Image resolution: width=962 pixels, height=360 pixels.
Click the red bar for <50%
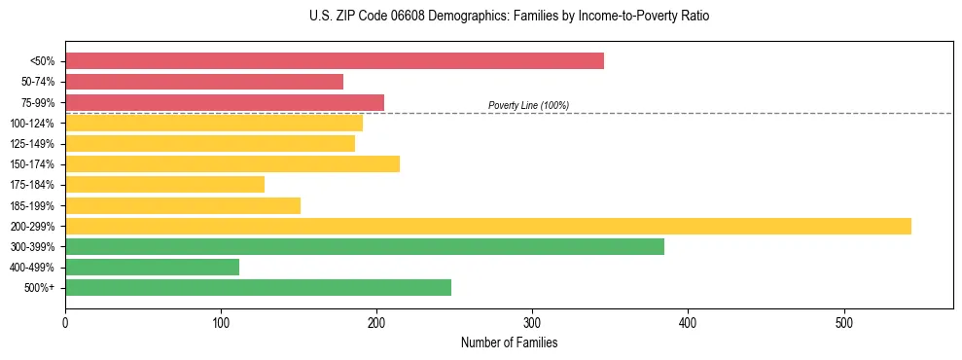click(x=334, y=61)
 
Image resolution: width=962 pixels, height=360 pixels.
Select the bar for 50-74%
click(x=204, y=82)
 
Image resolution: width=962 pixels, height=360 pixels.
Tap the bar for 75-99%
click(x=225, y=102)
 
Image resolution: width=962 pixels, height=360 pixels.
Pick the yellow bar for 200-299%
click(x=488, y=226)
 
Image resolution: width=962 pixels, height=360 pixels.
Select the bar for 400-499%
click(x=152, y=267)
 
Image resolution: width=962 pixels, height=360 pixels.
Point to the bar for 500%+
click(x=258, y=287)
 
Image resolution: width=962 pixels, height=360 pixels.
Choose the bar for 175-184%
click(x=164, y=184)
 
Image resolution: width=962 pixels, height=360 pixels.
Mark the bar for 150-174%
click(x=232, y=163)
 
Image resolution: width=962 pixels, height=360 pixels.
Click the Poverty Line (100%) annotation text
click(x=528, y=105)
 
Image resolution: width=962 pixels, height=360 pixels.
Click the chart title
click(x=510, y=17)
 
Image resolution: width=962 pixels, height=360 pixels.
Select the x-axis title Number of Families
click(x=509, y=342)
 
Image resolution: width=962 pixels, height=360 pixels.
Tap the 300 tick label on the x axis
click(x=532, y=322)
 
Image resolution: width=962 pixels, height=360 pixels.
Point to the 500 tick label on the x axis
click(x=843, y=322)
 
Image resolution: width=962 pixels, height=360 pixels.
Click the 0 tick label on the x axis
click(x=65, y=322)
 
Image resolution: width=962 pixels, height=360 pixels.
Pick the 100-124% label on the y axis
click(x=32, y=123)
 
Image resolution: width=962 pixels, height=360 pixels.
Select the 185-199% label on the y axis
click(x=32, y=205)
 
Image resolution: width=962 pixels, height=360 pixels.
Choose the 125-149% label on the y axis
click(x=32, y=143)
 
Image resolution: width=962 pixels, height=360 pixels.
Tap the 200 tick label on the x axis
click(x=376, y=322)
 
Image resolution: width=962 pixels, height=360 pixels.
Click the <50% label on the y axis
click(x=42, y=61)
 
